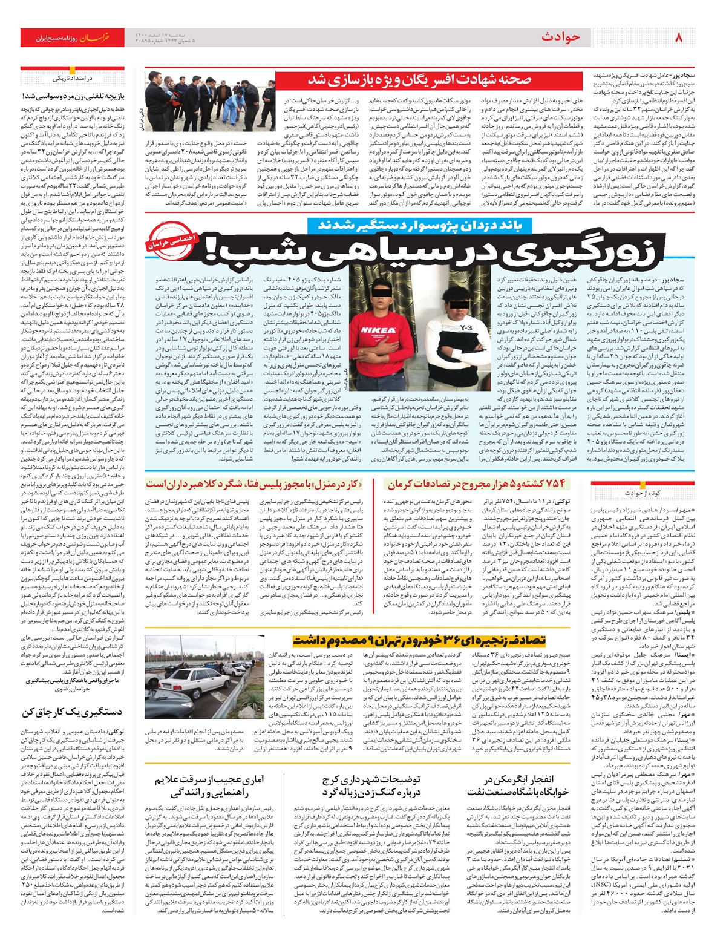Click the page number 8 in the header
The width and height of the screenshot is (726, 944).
click(678, 38)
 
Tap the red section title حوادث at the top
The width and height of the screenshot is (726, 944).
click(561, 38)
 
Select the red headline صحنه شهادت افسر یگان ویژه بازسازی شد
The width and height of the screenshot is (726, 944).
click(420, 80)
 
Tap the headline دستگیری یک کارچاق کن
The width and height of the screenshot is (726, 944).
click(73, 712)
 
